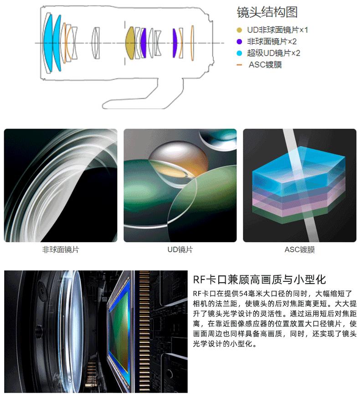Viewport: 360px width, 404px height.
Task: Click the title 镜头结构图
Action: point(267,12)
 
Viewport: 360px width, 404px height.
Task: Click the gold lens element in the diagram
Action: point(130,43)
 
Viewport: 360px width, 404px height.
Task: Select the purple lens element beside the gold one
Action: point(144,43)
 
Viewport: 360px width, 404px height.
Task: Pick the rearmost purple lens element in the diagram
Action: point(174,43)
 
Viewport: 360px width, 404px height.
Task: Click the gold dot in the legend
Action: point(239,31)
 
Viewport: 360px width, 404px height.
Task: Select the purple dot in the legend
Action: point(239,42)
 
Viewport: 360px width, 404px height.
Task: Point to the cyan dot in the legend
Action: point(239,53)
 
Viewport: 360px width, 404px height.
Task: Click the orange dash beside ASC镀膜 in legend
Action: point(239,65)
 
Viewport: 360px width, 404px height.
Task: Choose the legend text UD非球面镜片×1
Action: point(278,31)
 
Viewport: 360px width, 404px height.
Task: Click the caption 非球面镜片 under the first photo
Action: point(61,249)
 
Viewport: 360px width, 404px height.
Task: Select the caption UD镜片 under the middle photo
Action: point(180,249)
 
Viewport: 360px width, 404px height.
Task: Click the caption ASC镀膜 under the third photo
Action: point(299,249)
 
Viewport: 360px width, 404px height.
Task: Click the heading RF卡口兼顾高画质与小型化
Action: point(259,280)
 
